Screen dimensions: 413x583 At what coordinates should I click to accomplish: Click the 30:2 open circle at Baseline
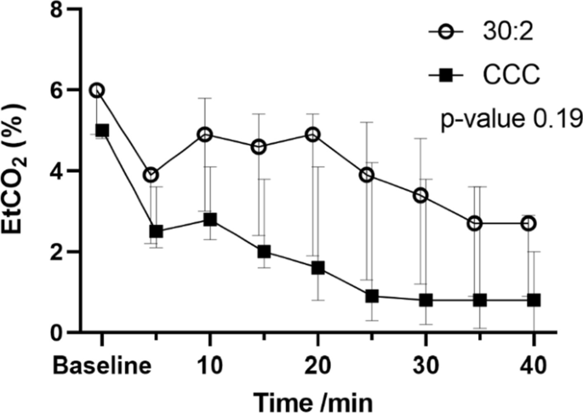97,90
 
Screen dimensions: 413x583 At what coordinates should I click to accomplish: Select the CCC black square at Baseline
102,130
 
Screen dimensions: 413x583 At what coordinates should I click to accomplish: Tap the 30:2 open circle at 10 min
205,135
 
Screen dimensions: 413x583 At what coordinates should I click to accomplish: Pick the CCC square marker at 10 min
210,220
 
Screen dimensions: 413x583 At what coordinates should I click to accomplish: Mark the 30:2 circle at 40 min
528,223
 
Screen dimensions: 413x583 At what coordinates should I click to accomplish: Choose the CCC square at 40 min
533,300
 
